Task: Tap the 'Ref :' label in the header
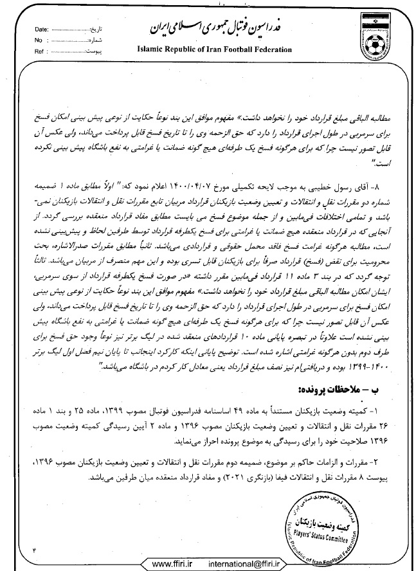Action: tap(39, 49)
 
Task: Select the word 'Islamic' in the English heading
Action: tap(151, 49)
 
